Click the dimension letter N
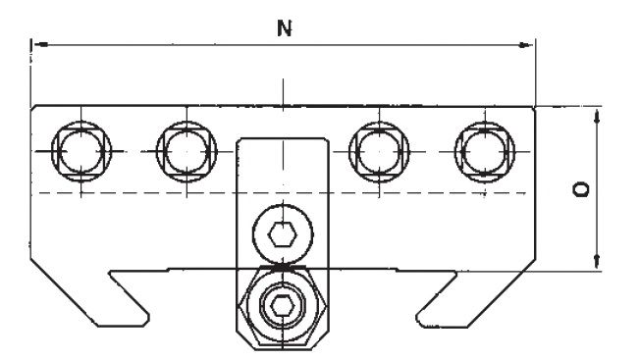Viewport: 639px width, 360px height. (285, 28)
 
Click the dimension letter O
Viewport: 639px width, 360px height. (581, 189)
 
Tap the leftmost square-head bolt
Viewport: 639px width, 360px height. (81, 151)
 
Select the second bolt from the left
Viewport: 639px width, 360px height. (186, 151)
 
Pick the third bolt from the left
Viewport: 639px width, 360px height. (379, 151)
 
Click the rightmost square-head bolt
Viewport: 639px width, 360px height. (485, 151)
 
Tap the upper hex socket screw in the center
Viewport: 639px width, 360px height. (283, 234)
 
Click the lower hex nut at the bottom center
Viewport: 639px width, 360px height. (283, 306)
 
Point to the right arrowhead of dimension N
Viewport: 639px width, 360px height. (525, 44)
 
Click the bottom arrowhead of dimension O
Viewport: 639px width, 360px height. (597, 261)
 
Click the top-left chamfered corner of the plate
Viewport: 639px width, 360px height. (33, 108)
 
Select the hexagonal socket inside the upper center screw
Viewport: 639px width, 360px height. (282, 235)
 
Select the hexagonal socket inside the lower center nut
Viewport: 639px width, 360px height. (282, 306)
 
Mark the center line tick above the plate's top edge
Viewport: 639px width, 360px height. (284, 92)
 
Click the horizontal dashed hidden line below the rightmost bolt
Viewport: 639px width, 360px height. (485, 192)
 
